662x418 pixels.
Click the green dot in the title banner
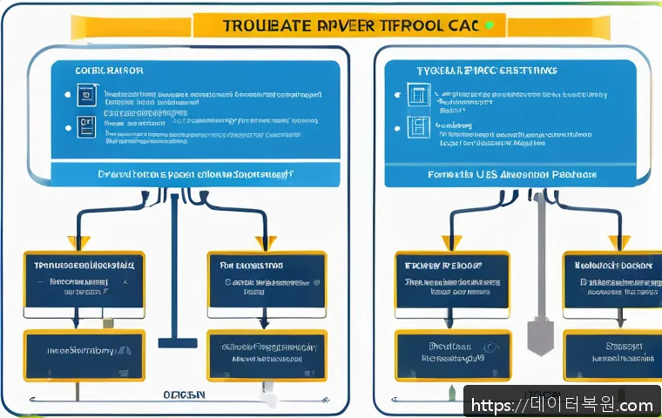pos(491,25)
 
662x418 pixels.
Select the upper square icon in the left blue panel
pos(84,94)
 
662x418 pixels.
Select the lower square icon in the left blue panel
pos(84,125)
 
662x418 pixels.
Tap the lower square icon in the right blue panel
pos(418,128)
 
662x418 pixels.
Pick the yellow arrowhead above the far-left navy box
pos(77,242)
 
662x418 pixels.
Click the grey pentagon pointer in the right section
pos(540,336)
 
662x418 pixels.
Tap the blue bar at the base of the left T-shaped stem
pos(177,343)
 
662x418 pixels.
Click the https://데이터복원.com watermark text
pos(562,405)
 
